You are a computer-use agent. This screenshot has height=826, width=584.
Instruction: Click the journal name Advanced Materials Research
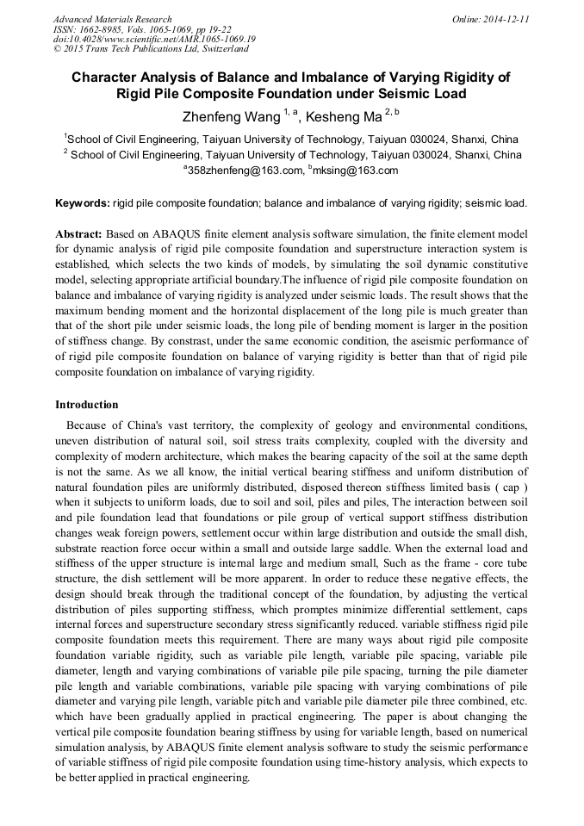(112, 19)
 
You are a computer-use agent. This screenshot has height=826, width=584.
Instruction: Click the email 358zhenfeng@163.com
(245, 171)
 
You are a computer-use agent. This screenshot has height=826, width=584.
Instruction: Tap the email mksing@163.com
(356, 171)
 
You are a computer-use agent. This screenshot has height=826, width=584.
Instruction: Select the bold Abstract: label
(79, 234)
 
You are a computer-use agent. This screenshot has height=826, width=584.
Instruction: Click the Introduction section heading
(87, 404)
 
